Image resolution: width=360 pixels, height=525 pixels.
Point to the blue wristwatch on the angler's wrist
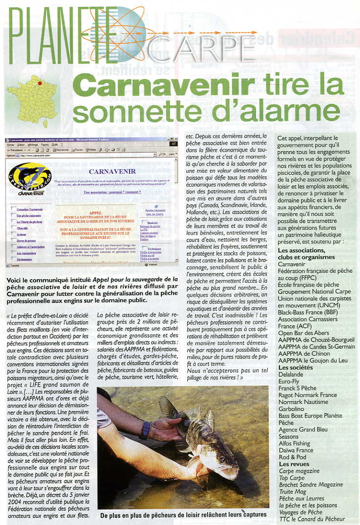click(x=145, y=430)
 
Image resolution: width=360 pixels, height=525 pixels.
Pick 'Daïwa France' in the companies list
click(x=295, y=450)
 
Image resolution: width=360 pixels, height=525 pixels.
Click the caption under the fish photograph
click(x=183, y=515)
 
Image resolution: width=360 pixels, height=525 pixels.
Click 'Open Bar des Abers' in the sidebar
click(x=303, y=333)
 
